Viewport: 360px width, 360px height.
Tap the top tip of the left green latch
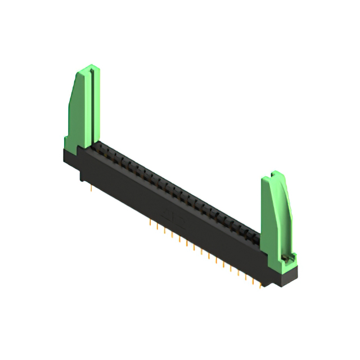89,69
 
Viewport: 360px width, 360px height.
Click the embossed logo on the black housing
168,214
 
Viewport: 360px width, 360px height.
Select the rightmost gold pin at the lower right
260,283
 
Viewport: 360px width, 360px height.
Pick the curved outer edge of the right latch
288,208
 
